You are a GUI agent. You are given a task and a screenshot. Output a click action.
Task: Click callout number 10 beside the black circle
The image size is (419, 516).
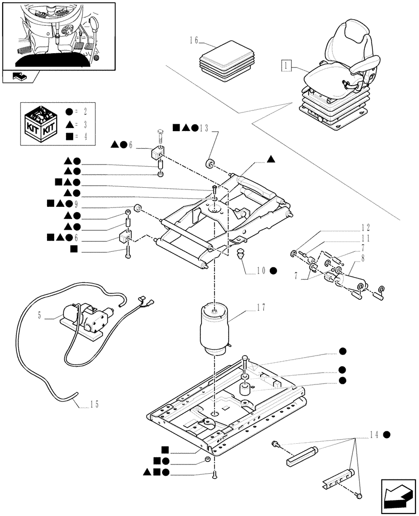click(x=261, y=270)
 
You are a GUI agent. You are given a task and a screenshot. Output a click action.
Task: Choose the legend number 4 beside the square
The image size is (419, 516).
click(x=87, y=136)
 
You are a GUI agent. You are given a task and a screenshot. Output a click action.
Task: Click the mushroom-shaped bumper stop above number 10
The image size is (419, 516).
click(x=240, y=254)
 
